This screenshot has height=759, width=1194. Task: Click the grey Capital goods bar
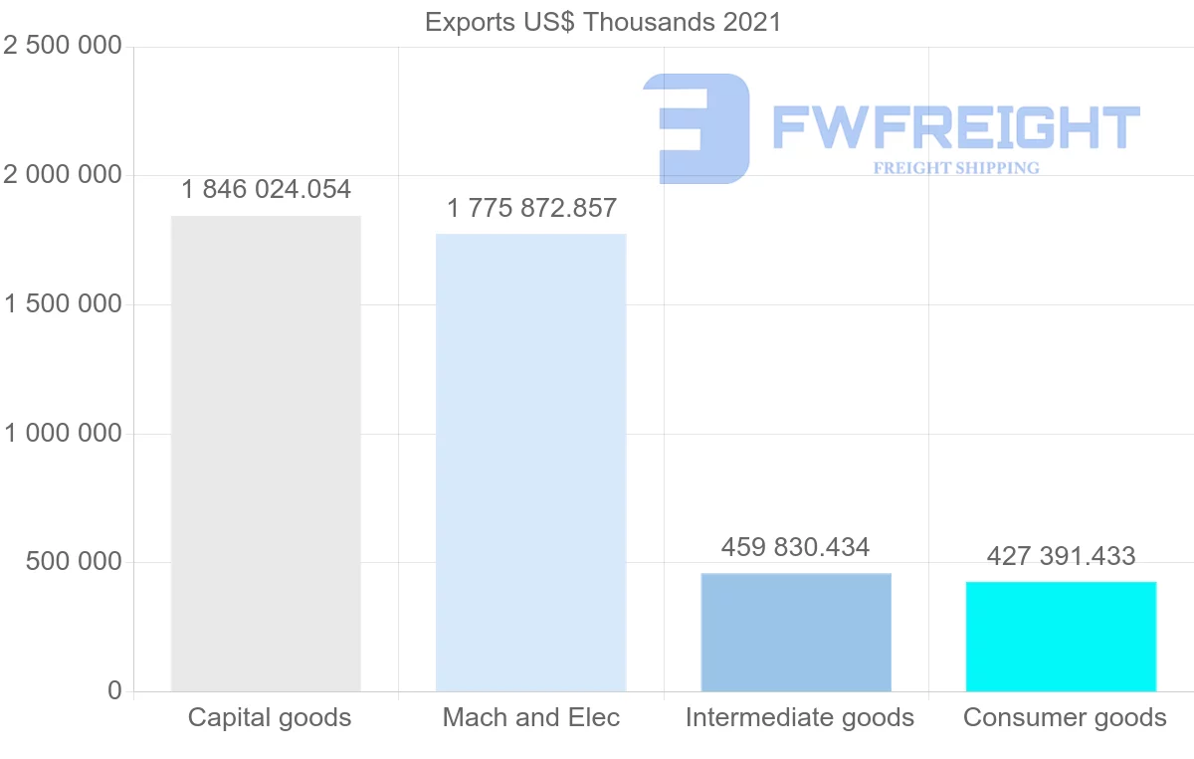point(266,454)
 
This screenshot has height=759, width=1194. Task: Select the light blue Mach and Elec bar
point(531,463)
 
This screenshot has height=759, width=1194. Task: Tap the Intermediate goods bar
point(796,633)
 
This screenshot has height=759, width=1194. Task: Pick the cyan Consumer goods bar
point(1062,637)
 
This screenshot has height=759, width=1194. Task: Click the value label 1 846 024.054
point(266,189)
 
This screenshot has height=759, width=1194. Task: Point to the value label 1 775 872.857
point(531,209)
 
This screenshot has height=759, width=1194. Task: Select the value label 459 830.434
point(796,547)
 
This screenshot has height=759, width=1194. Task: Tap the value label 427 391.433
point(1062,556)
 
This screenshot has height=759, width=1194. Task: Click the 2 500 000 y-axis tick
point(63,47)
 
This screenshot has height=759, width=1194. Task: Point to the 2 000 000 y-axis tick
point(63,175)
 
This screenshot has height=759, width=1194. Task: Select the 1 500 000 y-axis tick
point(63,304)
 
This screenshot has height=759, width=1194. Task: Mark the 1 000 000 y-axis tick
point(63,434)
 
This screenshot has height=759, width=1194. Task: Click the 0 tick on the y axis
point(114,691)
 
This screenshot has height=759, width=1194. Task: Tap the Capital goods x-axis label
point(270,717)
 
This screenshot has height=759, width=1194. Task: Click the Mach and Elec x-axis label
point(531,717)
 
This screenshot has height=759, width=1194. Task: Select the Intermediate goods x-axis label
point(799,717)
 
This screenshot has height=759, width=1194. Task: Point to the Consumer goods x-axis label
point(1065,717)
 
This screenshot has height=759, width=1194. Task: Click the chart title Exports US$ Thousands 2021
point(603,22)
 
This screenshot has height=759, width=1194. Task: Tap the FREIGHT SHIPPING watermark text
point(956,168)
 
